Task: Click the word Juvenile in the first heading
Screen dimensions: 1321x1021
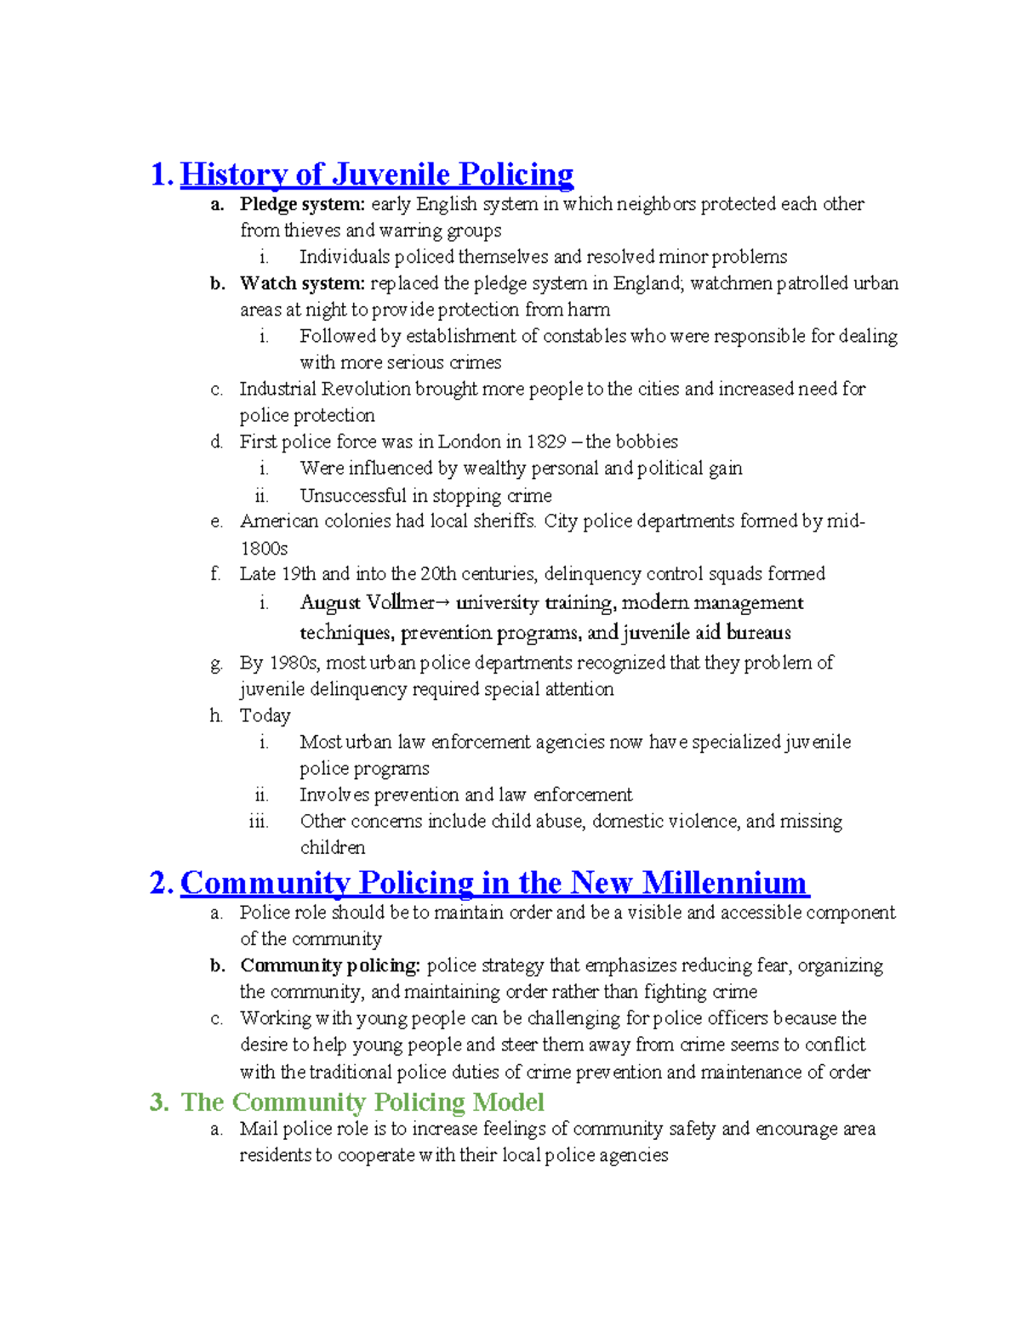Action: click(x=391, y=174)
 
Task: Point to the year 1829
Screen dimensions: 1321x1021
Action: click(x=546, y=441)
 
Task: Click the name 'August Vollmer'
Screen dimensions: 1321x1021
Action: click(x=367, y=603)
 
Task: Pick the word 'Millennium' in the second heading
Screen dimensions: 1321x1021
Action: click(x=724, y=883)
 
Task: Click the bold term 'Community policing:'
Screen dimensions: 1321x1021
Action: click(x=330, y=965)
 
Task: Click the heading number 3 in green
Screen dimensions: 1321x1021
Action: click(x=157, y=1102)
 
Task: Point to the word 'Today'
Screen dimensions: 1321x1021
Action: click(x=265, y=715)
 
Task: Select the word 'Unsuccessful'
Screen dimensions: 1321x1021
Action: click(x=353, y=495)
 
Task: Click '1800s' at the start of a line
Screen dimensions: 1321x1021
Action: click(x=264, y=549)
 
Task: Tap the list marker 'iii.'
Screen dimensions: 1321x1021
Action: click(x=259, y=822)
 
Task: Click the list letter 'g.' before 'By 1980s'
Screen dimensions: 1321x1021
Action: click(x=216, y=663)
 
